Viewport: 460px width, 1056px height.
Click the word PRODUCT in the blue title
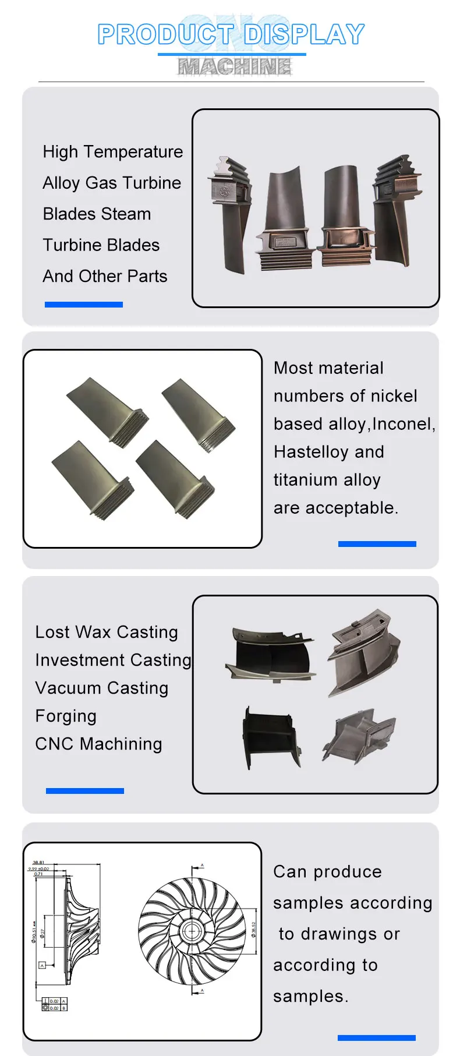click(165, 34)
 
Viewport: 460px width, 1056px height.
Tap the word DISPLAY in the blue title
click(305, 34)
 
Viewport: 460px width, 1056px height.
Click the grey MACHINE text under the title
click(234, 67)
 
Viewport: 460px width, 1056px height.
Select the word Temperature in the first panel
click(133, 152)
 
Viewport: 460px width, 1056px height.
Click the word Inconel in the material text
click(402, 424)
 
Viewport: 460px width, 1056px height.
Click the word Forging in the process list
click(66, 716)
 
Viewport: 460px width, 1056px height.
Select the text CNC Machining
click(98, 744)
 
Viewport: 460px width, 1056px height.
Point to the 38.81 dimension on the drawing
click(38, 863)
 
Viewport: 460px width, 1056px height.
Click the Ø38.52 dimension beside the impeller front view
click(254, 929)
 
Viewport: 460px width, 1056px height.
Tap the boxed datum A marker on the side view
click(42, 965)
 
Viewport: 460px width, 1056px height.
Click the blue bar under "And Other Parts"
click(84, 304)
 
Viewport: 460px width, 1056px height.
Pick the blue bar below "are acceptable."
click(377, 544)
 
